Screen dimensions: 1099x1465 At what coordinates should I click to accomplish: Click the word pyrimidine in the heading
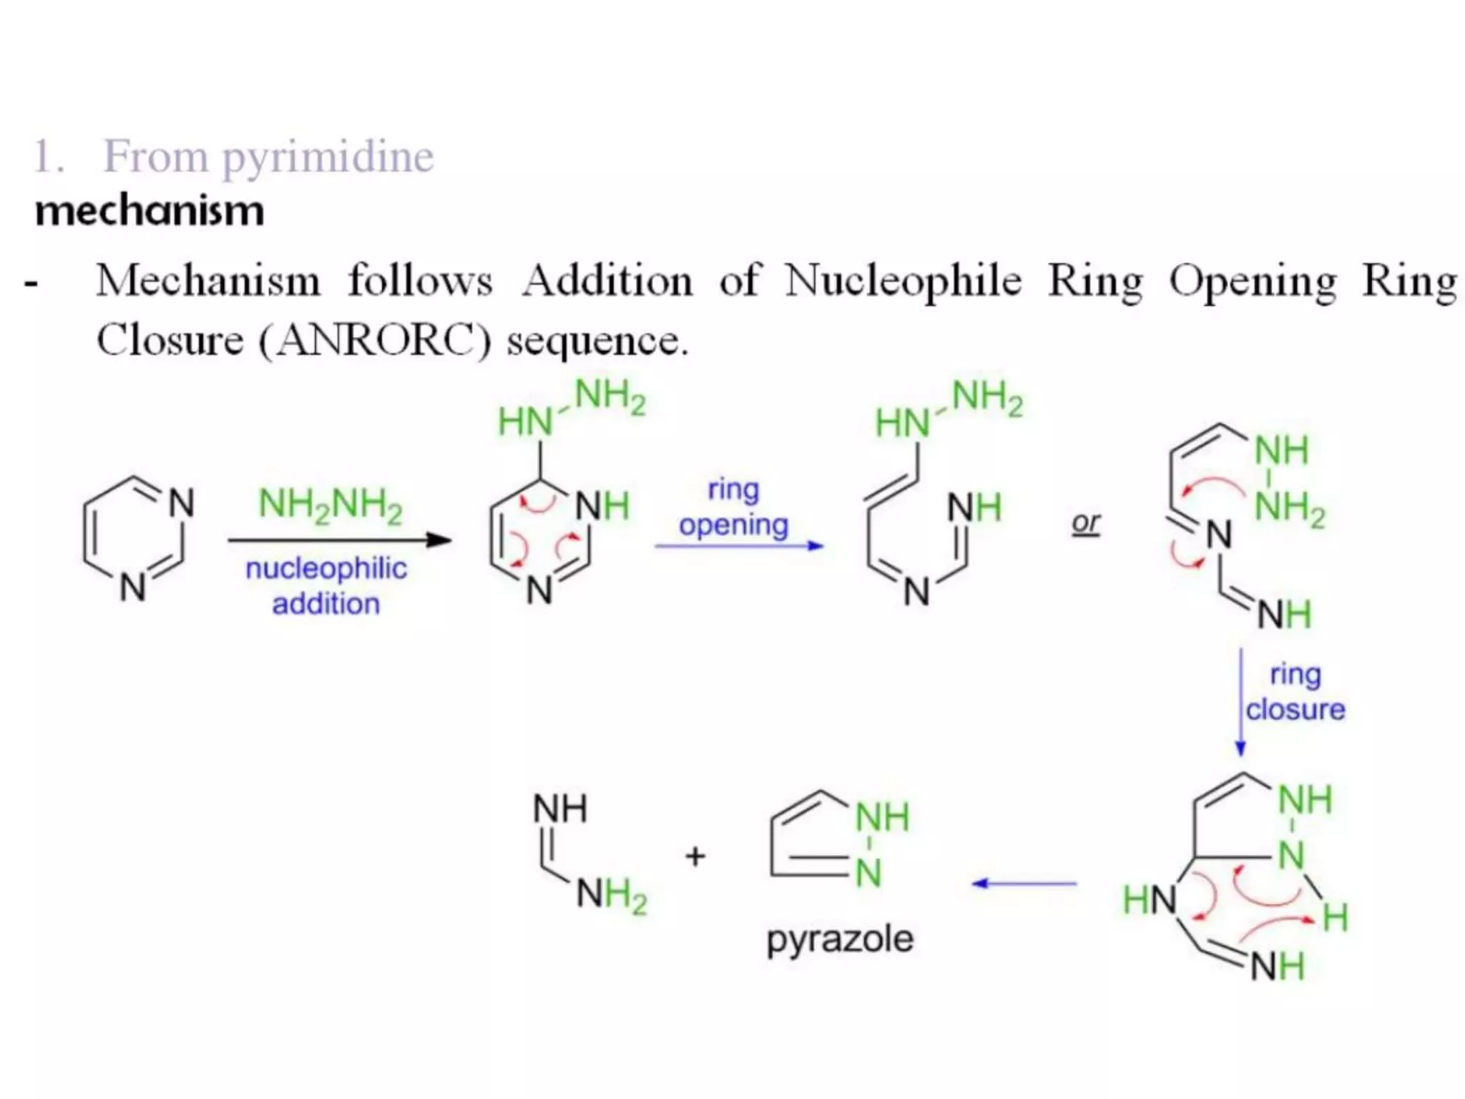coord(328,157)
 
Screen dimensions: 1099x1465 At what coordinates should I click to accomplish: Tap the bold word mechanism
coord(150,211)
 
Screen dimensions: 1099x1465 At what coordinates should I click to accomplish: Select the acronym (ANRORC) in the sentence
coord(375,340)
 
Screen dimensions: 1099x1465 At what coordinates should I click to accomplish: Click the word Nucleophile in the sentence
coord(903,280)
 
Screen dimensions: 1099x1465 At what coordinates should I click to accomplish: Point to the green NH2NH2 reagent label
coord(330,504)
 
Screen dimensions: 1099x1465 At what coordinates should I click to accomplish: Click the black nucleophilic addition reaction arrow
coord(339,540)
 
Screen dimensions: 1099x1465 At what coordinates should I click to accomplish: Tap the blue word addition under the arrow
coord(326,604)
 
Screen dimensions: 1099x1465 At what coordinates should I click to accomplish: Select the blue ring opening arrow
coord(739,546)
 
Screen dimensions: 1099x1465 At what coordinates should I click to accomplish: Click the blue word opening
coord(734,524)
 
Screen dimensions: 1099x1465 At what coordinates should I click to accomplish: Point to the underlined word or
coord(1085,523)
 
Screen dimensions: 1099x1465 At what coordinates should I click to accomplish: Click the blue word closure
coord(1295,710)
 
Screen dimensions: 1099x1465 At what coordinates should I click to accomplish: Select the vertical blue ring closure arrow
coord(1241,701)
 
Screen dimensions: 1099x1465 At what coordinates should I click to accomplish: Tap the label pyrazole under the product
coord(840,939)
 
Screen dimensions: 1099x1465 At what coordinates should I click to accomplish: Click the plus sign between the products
coord(695,856)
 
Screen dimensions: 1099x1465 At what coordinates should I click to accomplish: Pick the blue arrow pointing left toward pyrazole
coord(1024,884)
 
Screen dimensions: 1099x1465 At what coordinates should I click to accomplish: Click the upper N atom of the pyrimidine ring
coord(181,502)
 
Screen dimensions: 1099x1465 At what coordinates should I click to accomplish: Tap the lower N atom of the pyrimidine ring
coord(132,588)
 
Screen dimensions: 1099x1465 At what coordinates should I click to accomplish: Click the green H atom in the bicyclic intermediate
coord(1335,917)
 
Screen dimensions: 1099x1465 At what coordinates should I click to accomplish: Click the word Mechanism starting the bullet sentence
coord(208,280)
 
